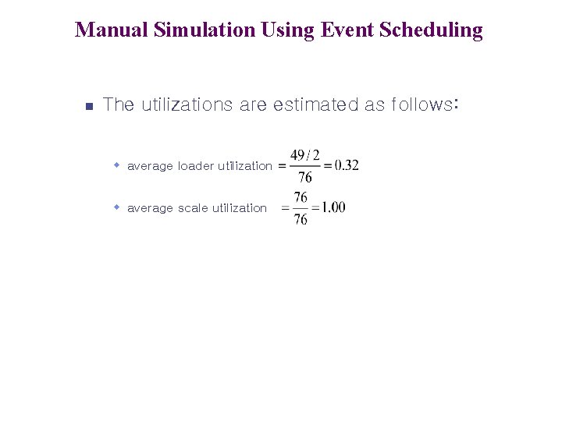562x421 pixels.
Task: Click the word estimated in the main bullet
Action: [315, 104]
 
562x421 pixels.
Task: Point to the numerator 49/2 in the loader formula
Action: [305, 154]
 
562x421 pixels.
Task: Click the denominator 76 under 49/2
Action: [305, 178]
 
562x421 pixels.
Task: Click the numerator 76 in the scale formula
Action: [301, 197]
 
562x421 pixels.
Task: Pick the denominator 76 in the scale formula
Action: [301, 220]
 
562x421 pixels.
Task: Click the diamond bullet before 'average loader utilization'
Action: [116, 165]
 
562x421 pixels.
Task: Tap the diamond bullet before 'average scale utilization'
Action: [116, 207]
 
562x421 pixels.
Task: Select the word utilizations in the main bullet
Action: [186, 104]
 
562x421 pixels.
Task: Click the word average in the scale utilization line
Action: [150, 207]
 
